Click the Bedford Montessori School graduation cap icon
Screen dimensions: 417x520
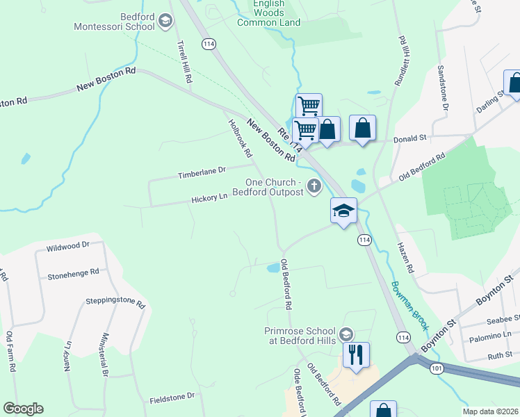coord(165,22)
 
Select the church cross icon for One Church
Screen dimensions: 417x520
coord(314,186)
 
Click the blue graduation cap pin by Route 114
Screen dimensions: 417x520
coord(343,211)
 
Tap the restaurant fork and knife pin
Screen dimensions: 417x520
coord(356,354)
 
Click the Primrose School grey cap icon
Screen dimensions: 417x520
coord(346,335)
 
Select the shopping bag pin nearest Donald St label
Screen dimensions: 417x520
coord(362,128)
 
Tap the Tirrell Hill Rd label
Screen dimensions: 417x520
coord(184,62)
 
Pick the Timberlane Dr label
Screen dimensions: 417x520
coord(202,170)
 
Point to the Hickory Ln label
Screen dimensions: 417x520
coord(210,198)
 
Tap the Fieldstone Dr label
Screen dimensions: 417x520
coord(172,400)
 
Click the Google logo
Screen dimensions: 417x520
coord(23,409)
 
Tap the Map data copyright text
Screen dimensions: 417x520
coord(491,411)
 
